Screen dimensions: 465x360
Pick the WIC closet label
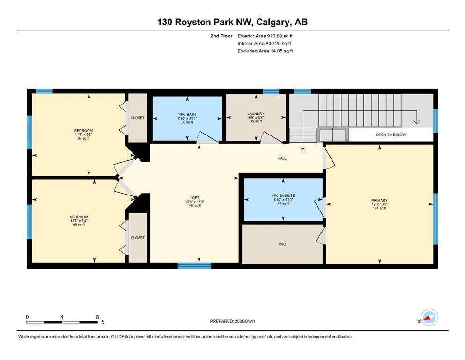(282, 244)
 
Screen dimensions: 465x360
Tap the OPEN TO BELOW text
(391, 135)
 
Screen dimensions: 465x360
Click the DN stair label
(303, 149)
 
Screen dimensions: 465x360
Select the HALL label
(282, 158)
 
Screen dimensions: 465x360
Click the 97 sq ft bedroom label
(83, 135)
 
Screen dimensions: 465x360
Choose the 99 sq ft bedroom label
(79, 221)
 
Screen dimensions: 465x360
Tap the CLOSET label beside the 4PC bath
(138, 118)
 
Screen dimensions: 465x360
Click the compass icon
(429, 317)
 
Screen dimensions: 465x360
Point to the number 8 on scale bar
(97, 317)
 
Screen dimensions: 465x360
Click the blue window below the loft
(194, 266)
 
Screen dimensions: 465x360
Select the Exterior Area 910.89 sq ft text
(265, 36)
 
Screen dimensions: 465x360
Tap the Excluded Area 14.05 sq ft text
(265, 51)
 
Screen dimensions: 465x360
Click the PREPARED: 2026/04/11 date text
(233, 321)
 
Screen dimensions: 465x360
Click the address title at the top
(232, 22)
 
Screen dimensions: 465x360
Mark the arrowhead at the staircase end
(417, 122)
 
